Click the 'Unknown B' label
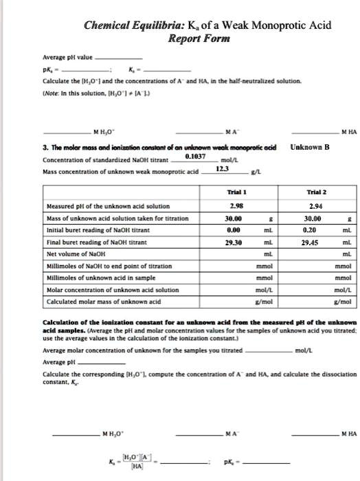pos(311,146)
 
